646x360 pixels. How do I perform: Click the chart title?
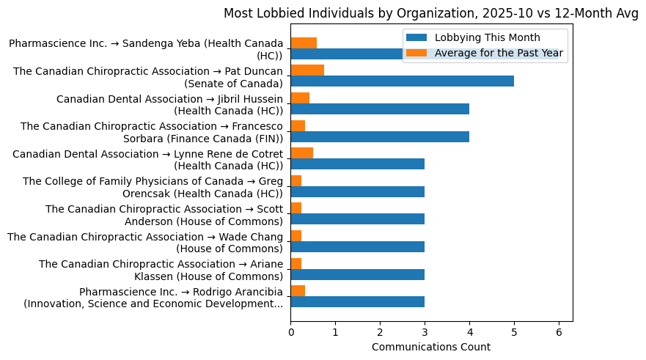point(430,13)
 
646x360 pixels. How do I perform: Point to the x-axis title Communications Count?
point(431,346)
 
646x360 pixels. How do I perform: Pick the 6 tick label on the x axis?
point(559,331)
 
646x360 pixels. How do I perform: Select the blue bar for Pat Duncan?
point(402,81)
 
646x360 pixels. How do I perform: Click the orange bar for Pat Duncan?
point(307,70)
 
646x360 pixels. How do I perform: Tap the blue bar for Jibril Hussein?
point(380,109)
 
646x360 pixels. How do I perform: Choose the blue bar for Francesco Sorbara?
point(380,136)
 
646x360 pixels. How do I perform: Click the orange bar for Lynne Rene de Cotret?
point(301,153)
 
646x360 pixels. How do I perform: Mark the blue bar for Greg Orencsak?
point(357,192)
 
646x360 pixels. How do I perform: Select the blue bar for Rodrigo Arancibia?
point(357,302)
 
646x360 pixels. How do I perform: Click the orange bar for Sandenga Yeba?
point(304,43)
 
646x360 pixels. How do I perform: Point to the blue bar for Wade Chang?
point(357,247)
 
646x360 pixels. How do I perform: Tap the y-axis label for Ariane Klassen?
point(161,270)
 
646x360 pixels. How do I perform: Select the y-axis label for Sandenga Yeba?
point(146,50)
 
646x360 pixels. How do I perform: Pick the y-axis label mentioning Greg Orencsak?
point(153,187)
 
